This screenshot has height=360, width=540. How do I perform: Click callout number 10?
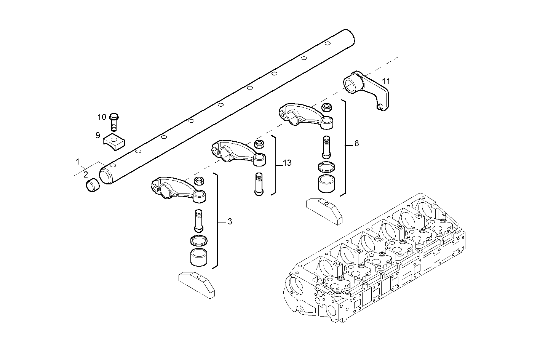(x=102, y=117)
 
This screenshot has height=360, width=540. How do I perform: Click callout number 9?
(x=98, y=135)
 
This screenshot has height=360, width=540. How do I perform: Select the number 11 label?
(x=386, y=81)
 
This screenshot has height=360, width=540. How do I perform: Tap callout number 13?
(x=287, y=163)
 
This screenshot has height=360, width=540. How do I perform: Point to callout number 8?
(x=356, y=144)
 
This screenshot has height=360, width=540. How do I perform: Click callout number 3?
(x=230, y=221)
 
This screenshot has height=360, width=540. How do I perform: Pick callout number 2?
(x=86, y=174)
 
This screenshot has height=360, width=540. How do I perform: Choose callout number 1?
(x=78, y=162)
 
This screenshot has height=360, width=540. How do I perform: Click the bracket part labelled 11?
(x=367, y=90)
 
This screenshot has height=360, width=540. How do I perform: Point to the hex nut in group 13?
(x=259, y=144)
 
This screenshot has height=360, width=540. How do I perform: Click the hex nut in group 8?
(x=326, y=107)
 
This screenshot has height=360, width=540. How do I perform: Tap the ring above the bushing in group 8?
(x=326, y=167)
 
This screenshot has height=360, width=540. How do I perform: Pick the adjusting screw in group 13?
(x=258, y=184)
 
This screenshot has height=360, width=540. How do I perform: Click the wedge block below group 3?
(x=197, y=284)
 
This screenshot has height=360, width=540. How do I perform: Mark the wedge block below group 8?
(x=324, y=209)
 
